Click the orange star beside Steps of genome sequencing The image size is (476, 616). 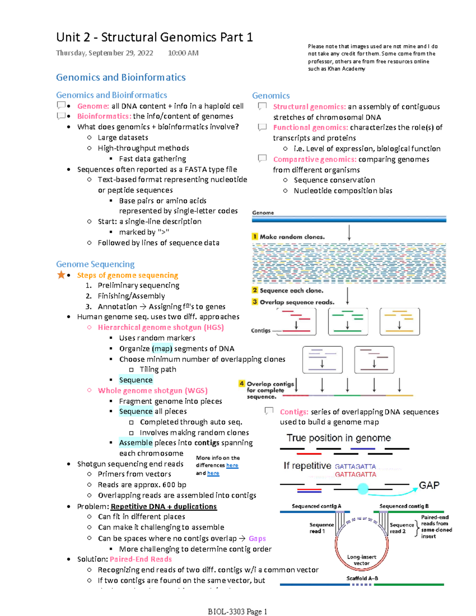click(61, 274)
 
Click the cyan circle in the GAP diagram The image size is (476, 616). click(363, 489)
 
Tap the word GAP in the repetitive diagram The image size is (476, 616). click(429, 486)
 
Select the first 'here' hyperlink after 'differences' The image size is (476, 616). click(232, 465)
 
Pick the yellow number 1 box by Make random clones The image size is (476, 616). click(255, 236)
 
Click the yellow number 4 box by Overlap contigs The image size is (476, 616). click(242, 383)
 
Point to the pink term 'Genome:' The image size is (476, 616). click(93, 106)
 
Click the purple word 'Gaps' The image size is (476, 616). click(257, 538)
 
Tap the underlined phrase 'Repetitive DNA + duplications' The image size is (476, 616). click(163, 507)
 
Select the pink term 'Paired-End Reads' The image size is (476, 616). click(141, 559)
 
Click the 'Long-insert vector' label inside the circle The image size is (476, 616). click(361, 560)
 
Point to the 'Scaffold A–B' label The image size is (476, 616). click(362, 578)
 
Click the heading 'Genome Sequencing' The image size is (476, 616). click(95, 264)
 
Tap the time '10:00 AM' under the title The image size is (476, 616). click(183, 53)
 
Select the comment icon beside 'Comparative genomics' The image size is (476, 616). click(262, 159)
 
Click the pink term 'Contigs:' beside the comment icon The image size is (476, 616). click(294, 412)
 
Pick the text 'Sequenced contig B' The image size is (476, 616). click(404, 506)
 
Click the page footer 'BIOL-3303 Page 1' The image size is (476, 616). click(237, 612)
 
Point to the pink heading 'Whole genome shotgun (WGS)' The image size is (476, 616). click(153, 391)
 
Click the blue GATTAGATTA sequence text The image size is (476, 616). click(355, 466)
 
